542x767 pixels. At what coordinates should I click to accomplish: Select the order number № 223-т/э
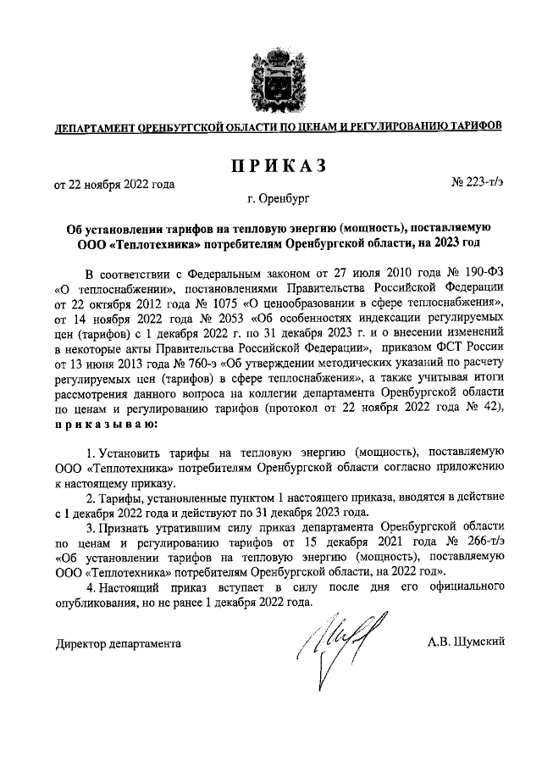(479, 182)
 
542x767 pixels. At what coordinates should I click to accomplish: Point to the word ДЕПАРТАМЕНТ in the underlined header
(92, 127)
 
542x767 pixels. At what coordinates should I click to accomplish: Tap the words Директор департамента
(118, 644)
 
